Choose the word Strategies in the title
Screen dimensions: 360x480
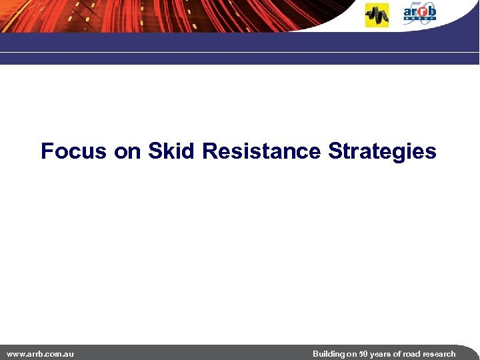pos(382,152)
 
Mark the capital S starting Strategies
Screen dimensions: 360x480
pos(334,151)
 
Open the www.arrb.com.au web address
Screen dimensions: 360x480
pos(40,354)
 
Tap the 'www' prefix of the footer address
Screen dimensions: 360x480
pos(15,354)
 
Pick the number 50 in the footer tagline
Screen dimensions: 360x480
pos(363,354)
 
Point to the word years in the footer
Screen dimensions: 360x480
pos(381,354)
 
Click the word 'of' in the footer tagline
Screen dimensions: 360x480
pos(399,354)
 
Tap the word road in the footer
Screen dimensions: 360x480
pos(413,354)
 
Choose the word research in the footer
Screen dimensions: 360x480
pos(440,354)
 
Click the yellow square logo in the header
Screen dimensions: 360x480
pos(377,15)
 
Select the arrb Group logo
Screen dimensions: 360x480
pos(420,13)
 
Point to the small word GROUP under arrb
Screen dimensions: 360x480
pos(419,19)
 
